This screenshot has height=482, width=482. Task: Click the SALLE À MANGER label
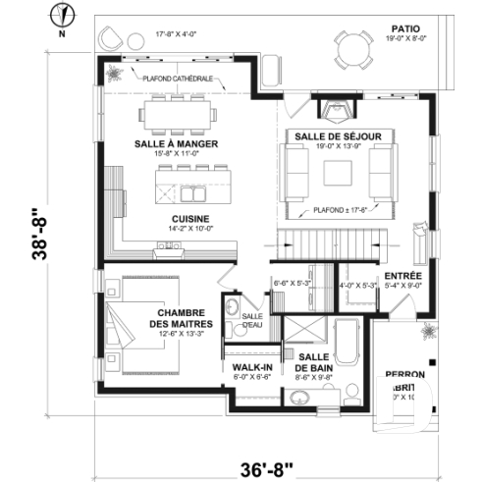pyautogui.click(x=176, y=142)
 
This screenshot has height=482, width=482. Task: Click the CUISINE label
pyautogui.click(x=187, y=218)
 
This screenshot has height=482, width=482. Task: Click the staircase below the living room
pyautogui.click(x=327, y=241)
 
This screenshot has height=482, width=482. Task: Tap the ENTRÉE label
pyautogui.click(x=403, y=276)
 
